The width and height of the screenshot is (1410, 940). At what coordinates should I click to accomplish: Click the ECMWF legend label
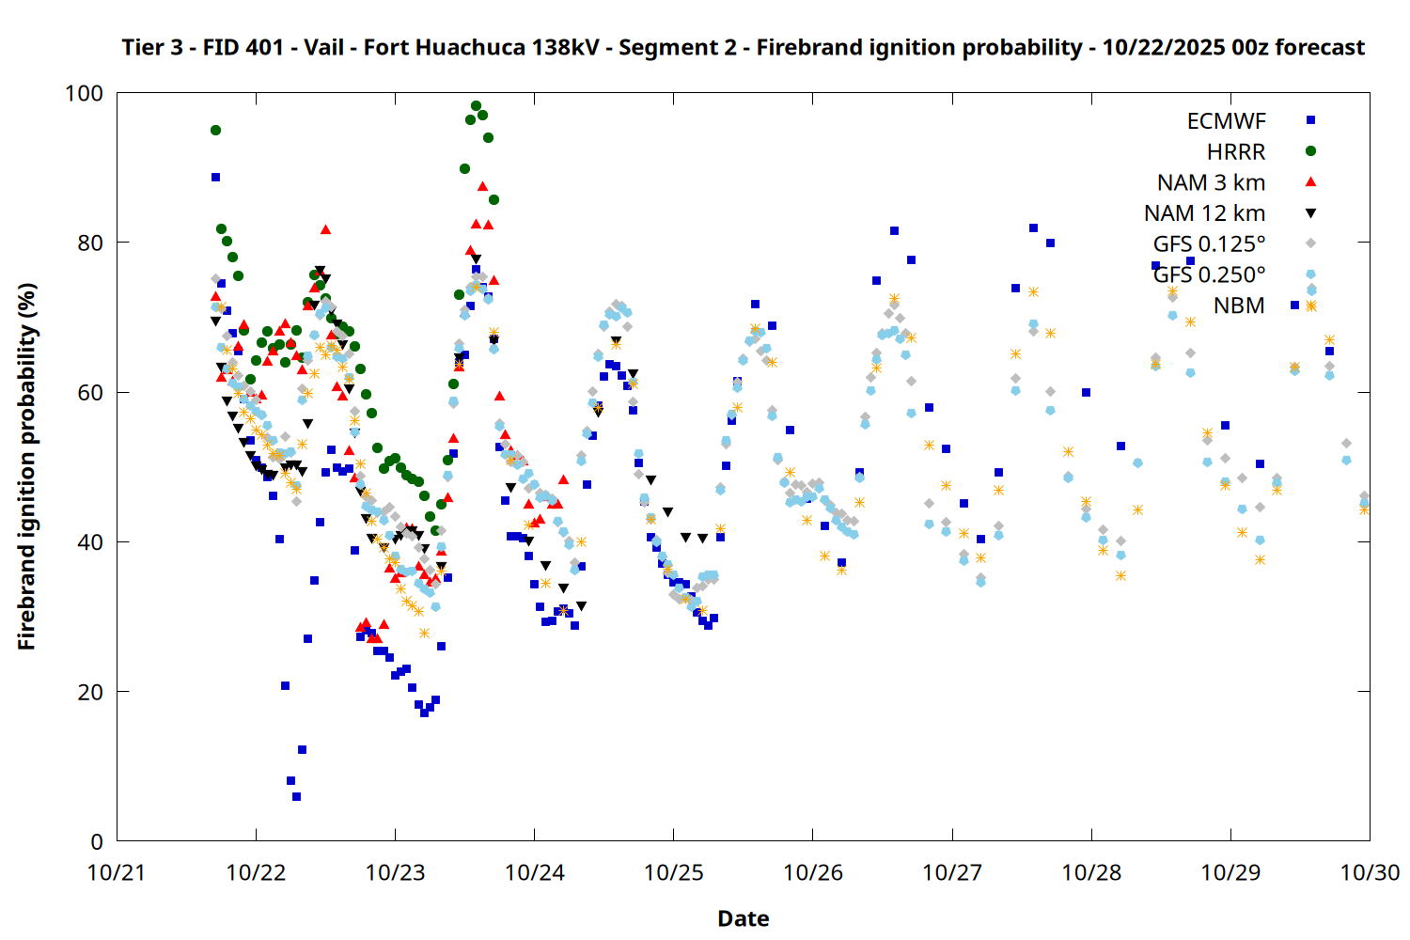click(x=1226, y=121)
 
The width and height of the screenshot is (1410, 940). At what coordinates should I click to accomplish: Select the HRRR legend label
click(x=1236, y=152)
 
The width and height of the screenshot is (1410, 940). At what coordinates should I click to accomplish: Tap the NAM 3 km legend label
click(x=1211, y=182)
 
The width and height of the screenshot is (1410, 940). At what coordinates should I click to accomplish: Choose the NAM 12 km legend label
click(x=1204, y=213)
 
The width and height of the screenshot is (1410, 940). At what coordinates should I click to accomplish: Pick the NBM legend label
click(x=1239, y=305)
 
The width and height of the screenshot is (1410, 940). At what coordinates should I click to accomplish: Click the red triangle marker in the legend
click(x=1310, y=181)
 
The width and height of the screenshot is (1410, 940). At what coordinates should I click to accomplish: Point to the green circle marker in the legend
click(x=1310, y=151)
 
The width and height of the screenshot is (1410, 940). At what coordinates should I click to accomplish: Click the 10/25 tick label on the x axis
click(x=674, y=872)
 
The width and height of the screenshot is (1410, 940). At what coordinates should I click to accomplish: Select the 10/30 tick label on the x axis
click(x=1370, y=872)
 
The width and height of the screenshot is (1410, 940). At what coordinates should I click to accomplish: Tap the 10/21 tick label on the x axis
click(x=117, y=872)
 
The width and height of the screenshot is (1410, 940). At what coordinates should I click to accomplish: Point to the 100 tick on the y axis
click(x=84, y=93)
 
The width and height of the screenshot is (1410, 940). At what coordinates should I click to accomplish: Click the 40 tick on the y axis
click(x=90, y=542)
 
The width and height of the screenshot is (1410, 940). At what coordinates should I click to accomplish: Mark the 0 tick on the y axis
click(x=97, y=841)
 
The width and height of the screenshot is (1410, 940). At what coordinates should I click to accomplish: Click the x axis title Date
click(x=743, y=918)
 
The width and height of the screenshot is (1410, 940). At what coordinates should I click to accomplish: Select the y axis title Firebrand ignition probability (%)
click(x=26, y=466)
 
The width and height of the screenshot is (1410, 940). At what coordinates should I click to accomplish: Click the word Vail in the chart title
click(x=323, y=47)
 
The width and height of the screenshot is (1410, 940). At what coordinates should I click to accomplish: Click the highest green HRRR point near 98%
click(x=476, y=106)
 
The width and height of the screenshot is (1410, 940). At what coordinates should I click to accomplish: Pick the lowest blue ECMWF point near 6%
click(x=296, y=796)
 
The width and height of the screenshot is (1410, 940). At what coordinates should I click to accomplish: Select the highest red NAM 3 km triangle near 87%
click(x=482, y=186)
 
